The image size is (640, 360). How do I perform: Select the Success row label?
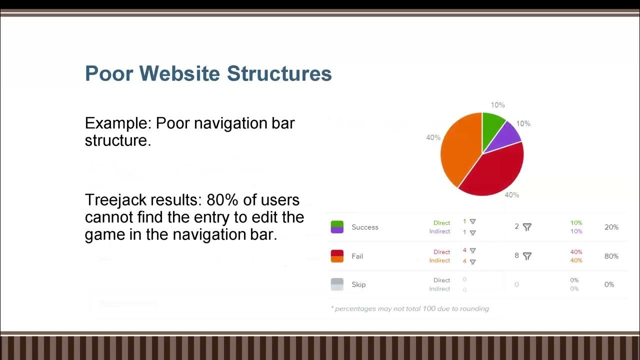(365, 227)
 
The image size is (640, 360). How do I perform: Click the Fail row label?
(357, 256)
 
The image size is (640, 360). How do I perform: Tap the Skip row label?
(358, 284)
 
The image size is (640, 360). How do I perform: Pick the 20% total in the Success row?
(611, 227)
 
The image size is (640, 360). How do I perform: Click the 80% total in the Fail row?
(611, 256)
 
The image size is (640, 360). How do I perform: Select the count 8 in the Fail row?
(516, 256)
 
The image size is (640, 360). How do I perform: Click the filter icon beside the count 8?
(527, 256)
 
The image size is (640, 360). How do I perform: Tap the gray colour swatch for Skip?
(337, 284)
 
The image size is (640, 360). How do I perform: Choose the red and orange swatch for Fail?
(337, 256)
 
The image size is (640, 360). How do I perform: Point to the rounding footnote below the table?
(410, 308)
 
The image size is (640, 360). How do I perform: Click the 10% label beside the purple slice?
(523, 123)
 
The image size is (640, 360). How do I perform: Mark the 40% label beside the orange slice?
(433, 137)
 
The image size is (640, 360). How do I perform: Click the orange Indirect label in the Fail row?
(439, 260)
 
